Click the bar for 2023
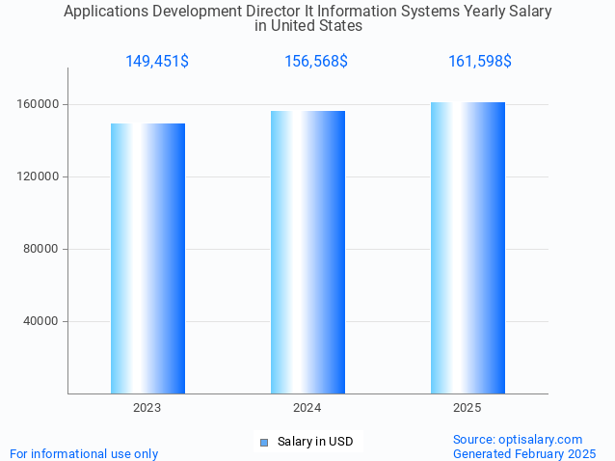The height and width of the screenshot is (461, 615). pos(147,258)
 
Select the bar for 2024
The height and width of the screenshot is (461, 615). pos(307,252)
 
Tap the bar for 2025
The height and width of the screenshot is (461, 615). pos(468,248)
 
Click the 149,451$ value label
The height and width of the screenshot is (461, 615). pos(157,62)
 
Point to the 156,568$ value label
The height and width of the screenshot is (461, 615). pos(316,62)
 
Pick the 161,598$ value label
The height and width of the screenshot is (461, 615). pos(480,62)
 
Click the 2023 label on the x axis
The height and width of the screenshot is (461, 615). pos(147,408)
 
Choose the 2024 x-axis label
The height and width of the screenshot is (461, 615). pos(307,408)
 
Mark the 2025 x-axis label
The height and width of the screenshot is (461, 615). pos(468,408)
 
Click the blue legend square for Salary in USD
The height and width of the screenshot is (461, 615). pos(263,442)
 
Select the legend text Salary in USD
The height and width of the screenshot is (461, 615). pos(315,442)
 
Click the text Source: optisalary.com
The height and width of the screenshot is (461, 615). pos(518,439)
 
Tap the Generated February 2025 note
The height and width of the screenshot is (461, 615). pos(524,453)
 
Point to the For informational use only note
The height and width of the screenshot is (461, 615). pos(84,453)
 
